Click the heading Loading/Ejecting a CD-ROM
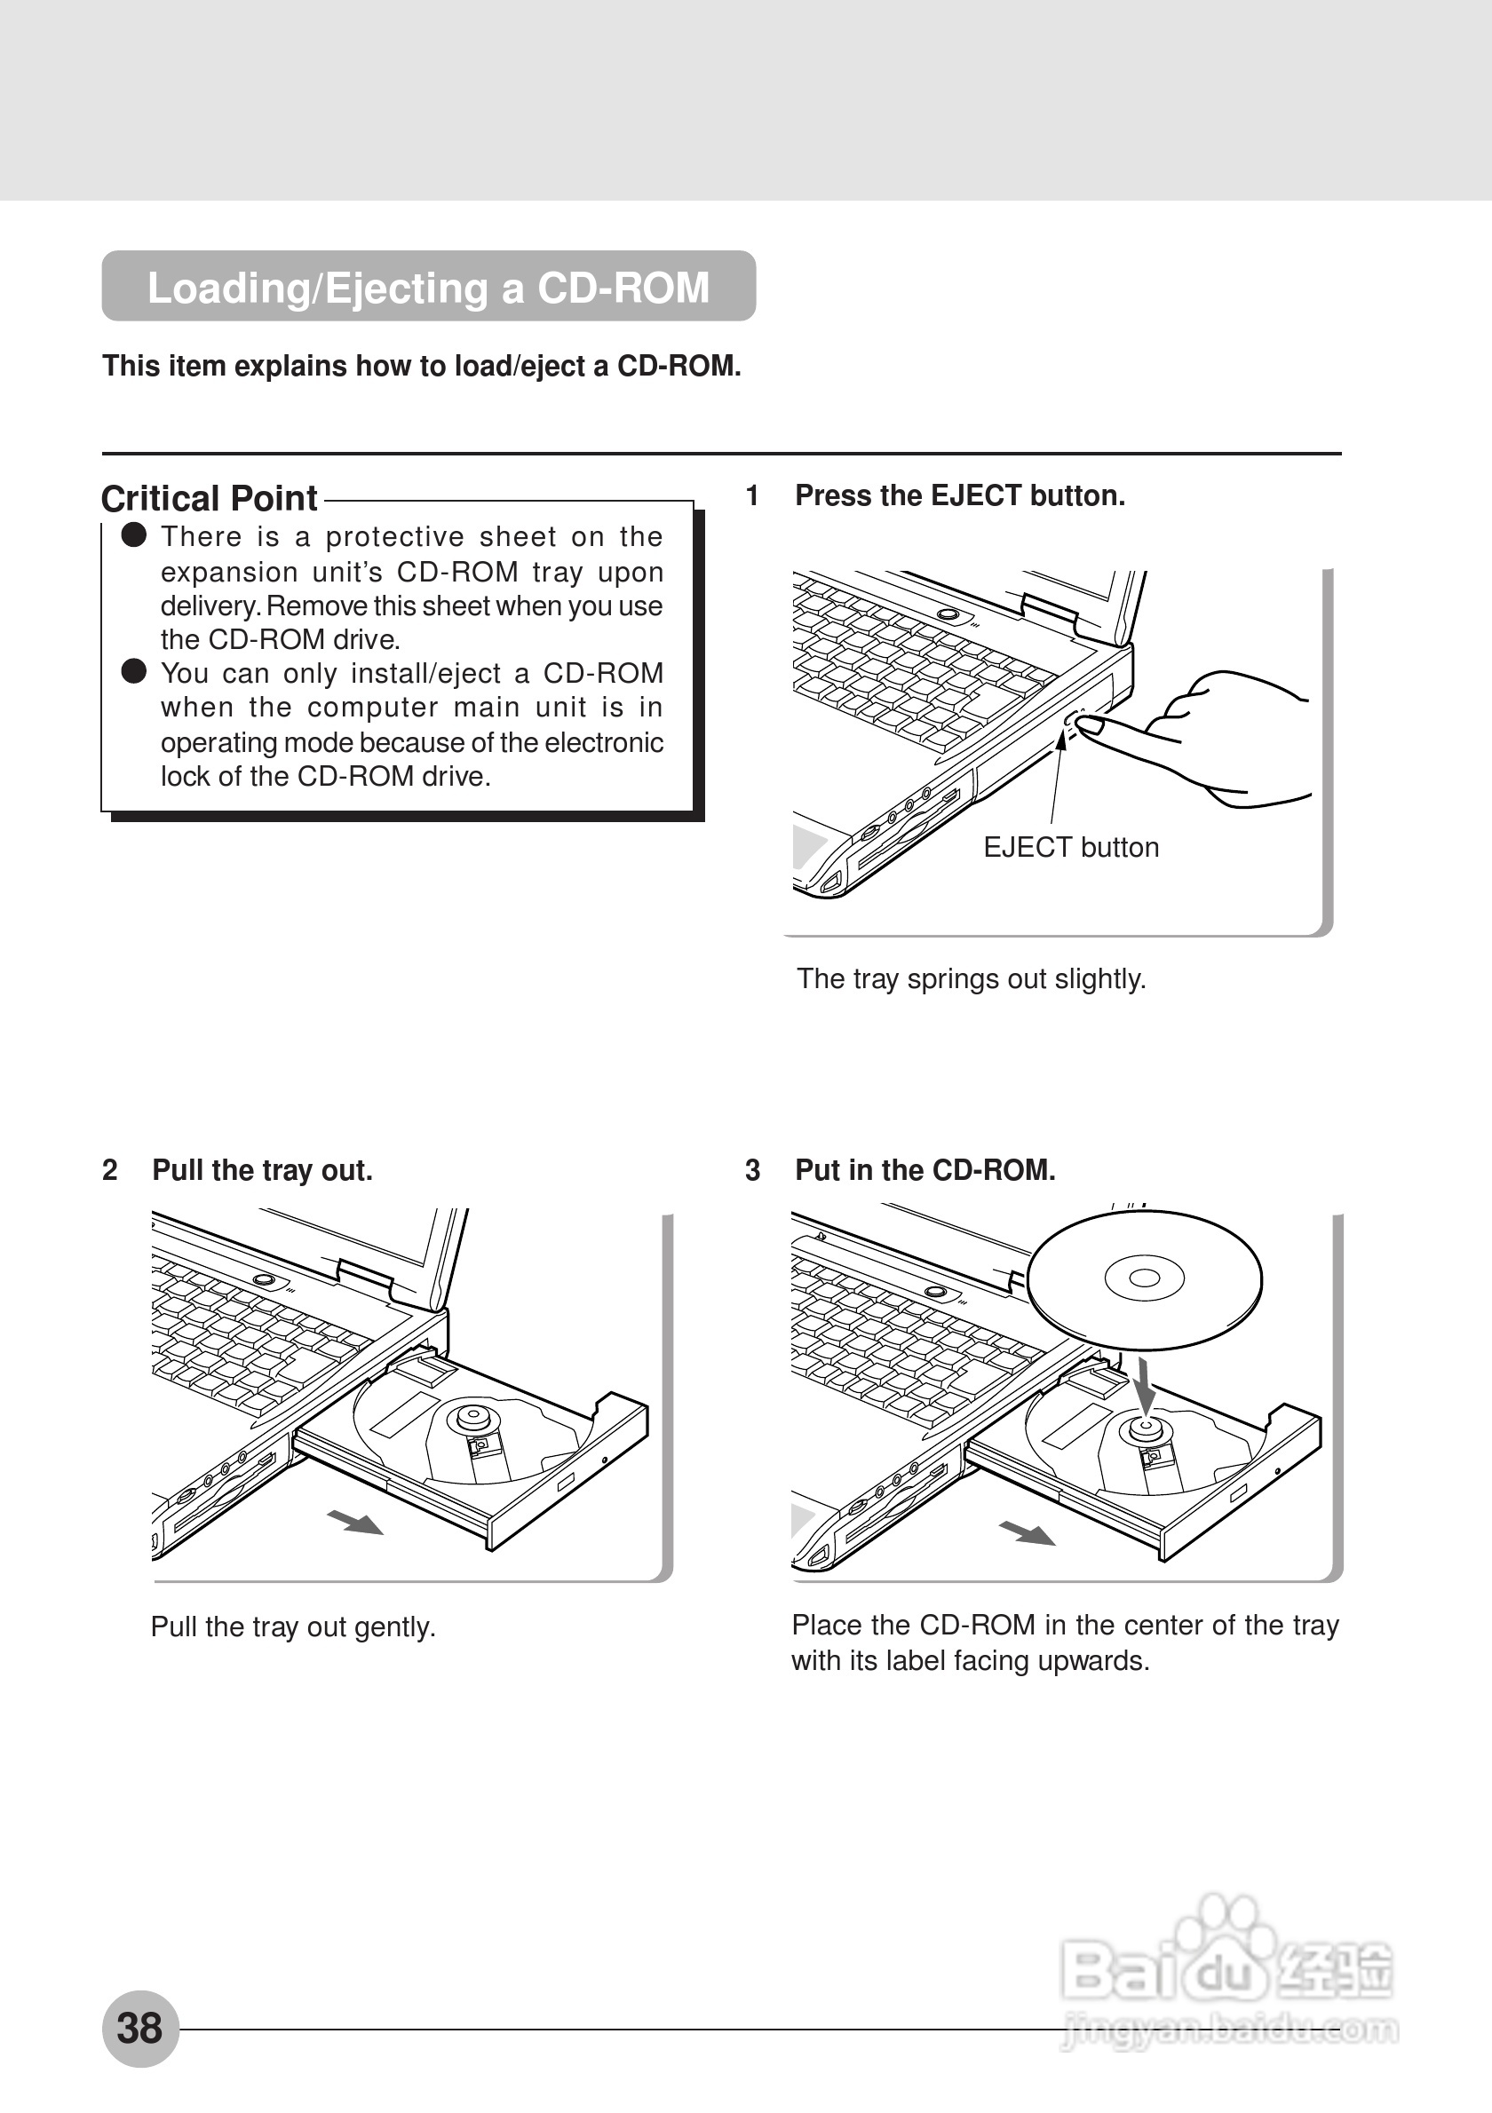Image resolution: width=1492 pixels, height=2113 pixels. (x=428, y=287)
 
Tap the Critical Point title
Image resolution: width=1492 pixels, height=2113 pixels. (x=209, y=498)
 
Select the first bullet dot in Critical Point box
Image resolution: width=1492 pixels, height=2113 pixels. (x=134, y=535)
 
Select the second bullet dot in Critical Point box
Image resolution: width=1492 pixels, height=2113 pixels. (x=134, y=672)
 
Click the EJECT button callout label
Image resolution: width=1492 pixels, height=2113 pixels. (x=1070, y=847)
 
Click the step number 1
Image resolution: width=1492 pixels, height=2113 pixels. (x=752, y=496)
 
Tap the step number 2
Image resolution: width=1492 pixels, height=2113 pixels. (x=109, y=1171)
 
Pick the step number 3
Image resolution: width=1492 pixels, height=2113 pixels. (x=752, y=1171)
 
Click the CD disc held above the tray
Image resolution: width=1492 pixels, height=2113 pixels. (x=1144, y=1279)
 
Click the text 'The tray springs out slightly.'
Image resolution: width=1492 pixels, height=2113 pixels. (x=971, y=978)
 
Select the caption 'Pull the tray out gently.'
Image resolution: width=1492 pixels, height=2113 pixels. (x=293, y=1627)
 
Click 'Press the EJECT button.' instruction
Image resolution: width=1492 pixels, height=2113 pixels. (x=960, y=496)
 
